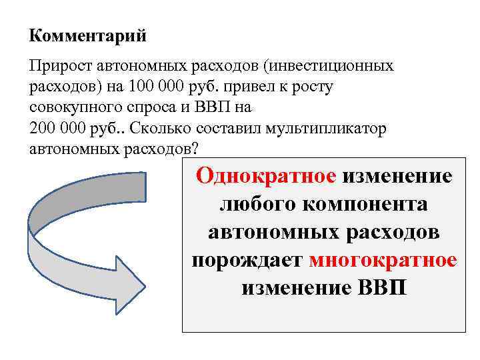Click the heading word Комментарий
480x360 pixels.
pyautogui.click(x=88, y=35)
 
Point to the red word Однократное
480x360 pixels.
pyautogui.click(x=266, y=177)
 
